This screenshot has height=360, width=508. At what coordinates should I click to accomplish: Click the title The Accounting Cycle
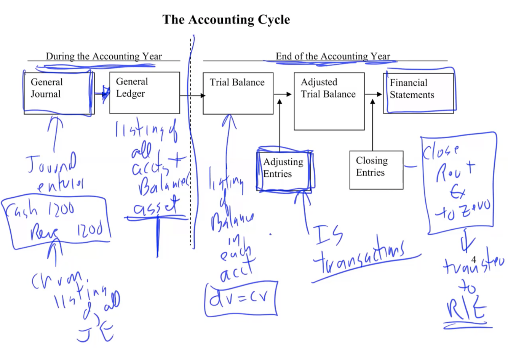(x=226, y=19)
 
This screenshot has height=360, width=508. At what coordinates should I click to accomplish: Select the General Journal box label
(x=46, y=88)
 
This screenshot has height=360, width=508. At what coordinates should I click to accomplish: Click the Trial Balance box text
(x=237, y=82)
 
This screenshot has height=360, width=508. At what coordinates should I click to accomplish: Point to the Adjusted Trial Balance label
(x=328, y=88)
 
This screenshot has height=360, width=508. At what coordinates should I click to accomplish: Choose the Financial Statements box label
(x=412, y=89)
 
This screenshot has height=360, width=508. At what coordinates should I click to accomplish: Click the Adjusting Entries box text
(x=283, y=168)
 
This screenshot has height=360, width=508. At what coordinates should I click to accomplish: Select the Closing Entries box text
(x=372, y=166)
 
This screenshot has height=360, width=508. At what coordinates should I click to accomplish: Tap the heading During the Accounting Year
(x=104, y=56)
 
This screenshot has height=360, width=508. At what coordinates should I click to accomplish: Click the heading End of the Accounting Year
(x=332, y=56)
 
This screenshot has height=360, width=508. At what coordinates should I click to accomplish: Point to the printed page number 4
(x=474, y=260)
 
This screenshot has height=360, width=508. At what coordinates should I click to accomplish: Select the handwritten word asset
(x=156, y=206)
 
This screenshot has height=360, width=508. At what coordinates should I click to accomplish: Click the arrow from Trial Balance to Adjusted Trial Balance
(x=283, y=94)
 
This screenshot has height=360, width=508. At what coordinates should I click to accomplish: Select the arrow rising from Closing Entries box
(x=372, y=126)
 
